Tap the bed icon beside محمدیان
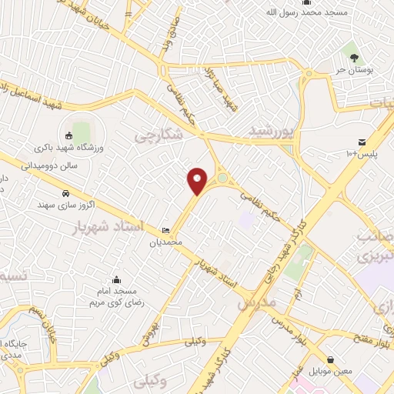(x=166, y=231)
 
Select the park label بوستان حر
(x=354, y=69)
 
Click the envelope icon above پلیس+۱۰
(x=361, y=142)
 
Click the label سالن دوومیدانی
(x=50, y=164)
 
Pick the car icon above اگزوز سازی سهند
(x=66, y=193)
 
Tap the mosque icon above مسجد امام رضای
(x=116, y=279)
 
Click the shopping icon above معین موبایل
(x=330, y=359)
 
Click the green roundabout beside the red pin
(x=222, y=179)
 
